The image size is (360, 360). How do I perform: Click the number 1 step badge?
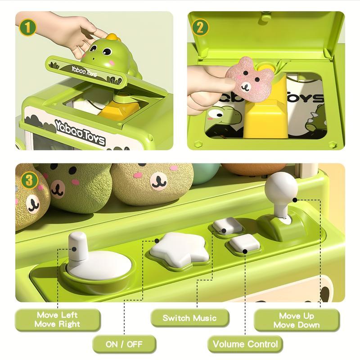pyautogui.click(x=27, y=27)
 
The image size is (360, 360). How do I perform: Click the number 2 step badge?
pyautogui.click(x=200, y=27)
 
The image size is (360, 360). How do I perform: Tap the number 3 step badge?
pyautogui.click(x=29, y=180)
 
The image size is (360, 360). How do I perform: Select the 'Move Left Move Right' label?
pyautogui.click(x=58, y=319)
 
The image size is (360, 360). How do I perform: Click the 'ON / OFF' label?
pyautogui.click(x=124, y=344)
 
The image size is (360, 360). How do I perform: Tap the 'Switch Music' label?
pyautogui.click(x=189, y=318)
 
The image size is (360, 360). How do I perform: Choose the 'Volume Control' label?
pyautogui.click(x=245, y=344)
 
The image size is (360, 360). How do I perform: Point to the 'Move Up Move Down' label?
pyautogui.click(x=297, y=320)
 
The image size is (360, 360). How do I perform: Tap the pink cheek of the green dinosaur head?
pyautogui.click(x=112, y=62)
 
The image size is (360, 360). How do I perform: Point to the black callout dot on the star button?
pyautogui.click(x=157, y=241)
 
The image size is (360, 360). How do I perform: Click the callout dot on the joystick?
pyautogui.click(x=295, y=200)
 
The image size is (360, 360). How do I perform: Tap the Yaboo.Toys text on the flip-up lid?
pyautogui.click(x=84, y=71)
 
